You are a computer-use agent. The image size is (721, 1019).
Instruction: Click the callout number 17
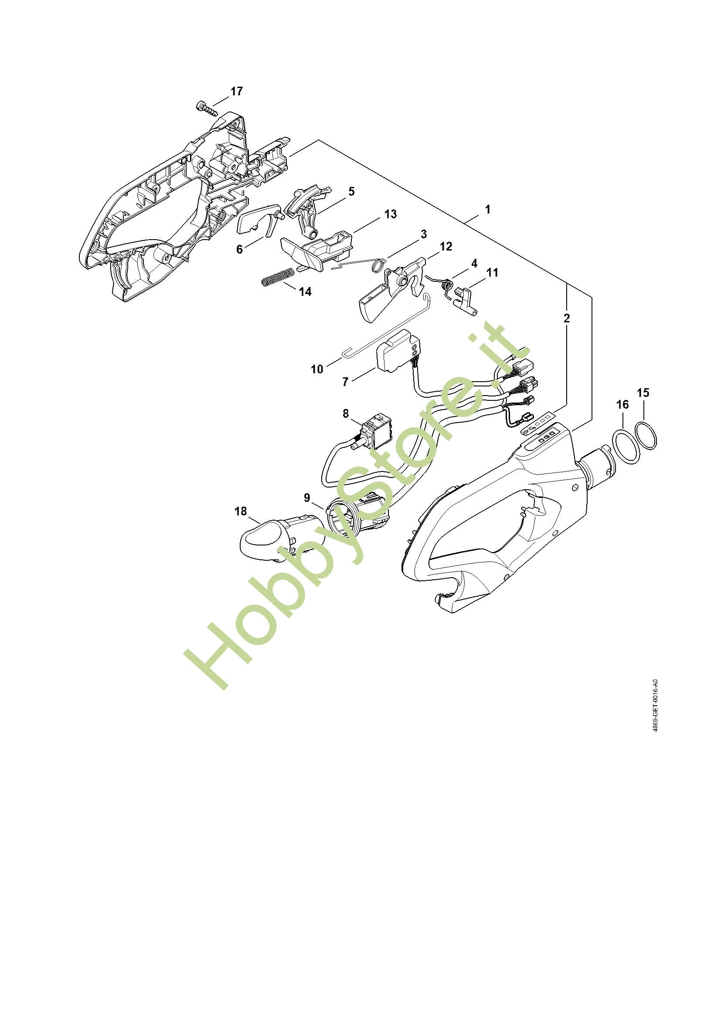pyautogui.click(x=237, y=91)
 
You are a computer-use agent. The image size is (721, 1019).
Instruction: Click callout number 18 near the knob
pyautogui.click(x=241, y=511)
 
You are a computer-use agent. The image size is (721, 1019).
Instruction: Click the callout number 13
pyautogui.click(x=390, y=214)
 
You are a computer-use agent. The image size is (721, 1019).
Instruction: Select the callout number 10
pyautogui.click(x=317, y=369)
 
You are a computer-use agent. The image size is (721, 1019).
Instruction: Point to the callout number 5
pyautogui.click(x=351, y=192)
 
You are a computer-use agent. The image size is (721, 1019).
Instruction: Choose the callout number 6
pyautogui.click(x=240, y=250)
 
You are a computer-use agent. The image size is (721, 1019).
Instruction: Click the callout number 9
pyautogui.click(x=307, y=498)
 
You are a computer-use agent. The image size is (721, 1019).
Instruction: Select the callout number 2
pyautogui.click(x=567, y=318)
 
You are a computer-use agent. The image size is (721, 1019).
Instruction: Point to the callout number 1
pyautogui.click(x=487, y=209)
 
